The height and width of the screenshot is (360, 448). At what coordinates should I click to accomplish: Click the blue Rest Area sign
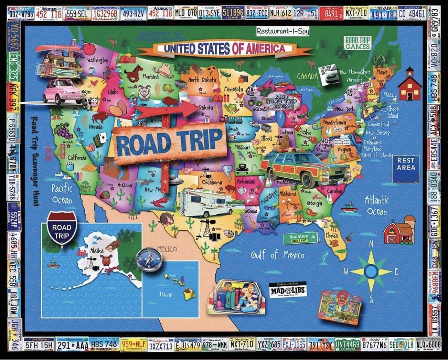(x=406, y=164)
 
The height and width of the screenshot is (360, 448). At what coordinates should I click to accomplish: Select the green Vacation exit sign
(x=304, y=238)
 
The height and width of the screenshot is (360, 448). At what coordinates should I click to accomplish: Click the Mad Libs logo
(x=288, y=290)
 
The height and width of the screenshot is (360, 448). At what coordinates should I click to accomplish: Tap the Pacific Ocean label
(x=62, y=194)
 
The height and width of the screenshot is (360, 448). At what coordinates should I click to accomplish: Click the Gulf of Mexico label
(x=277, y=255)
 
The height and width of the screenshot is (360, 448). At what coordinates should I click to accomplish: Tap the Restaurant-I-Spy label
(x=282, y=31)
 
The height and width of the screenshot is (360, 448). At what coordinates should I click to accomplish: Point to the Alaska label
(x=96, y=250)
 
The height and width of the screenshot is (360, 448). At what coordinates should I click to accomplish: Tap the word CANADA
(x=307, y=76)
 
